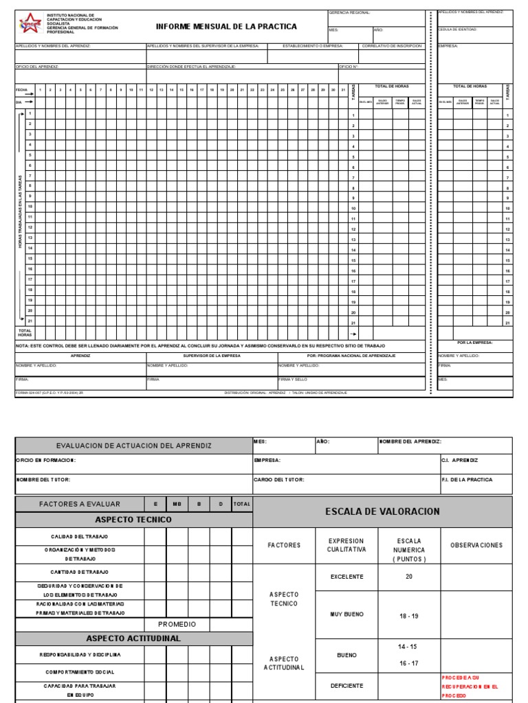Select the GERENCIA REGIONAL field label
[x=350, y=12]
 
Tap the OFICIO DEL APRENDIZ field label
[x=37, y=67]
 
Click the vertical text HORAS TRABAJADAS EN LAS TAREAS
[x=20, y=212]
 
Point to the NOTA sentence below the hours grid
[x=200, y=345]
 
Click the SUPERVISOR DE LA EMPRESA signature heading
[x=212, y=356]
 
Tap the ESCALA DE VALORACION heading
[x=382, y=511]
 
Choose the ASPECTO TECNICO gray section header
[x=133, y=520]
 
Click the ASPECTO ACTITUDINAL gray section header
[x=133, y=638]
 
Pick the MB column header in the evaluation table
[x=177, y=504]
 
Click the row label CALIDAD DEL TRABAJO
[x=80, y=536]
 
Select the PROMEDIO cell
[x=177, y=624]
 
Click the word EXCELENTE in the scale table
[x=346, y=577]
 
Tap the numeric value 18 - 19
[x=409, y=616]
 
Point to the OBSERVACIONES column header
[x=476, y=545]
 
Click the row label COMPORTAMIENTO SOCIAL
[x=80, y=672]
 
